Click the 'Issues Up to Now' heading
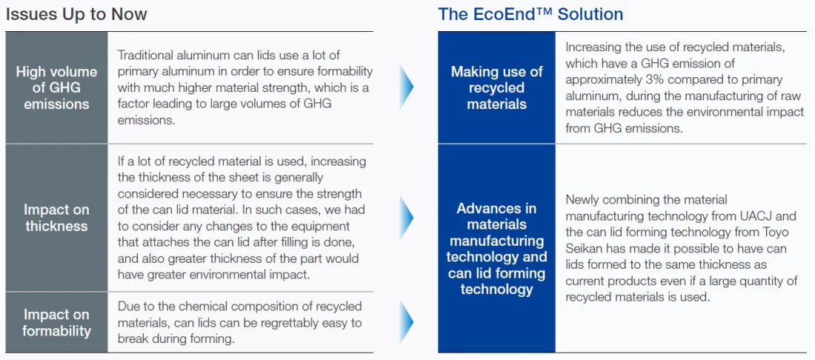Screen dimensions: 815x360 coord(76,13)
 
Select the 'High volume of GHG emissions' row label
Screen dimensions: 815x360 coord(56,88)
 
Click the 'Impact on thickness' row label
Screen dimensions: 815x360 coord(56,219)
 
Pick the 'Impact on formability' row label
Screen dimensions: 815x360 coord(56,323)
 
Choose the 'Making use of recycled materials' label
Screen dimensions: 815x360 coord(496,88)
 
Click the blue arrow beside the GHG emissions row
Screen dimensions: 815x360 coord(407,87)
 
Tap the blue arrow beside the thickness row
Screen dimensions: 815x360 coord(407,218)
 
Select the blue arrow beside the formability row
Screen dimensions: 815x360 coord(407,322)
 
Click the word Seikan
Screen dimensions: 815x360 coord(582,248)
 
